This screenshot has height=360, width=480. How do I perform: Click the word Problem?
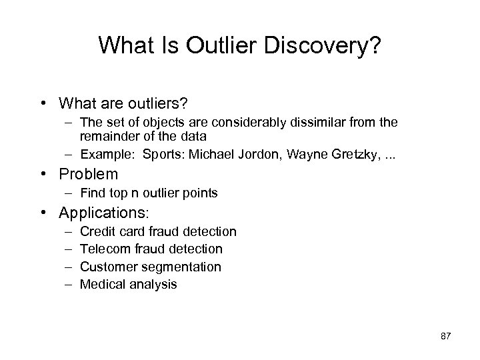[x=88, y=175]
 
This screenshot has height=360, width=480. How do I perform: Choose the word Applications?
[x=105, y=213]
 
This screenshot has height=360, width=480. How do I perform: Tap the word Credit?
[x=96, y=232]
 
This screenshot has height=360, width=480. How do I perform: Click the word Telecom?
[x=103, y=249]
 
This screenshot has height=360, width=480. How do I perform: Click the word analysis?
[x=153, y=284]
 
